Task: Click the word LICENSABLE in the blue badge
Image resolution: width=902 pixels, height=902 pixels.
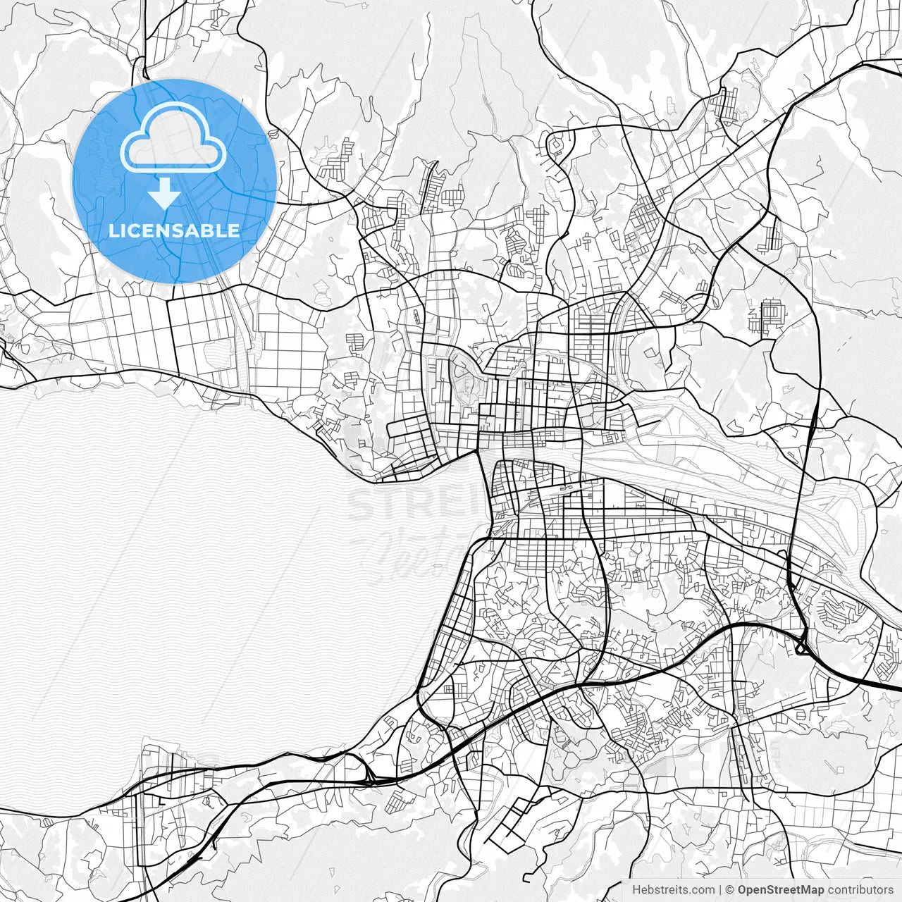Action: [x=174, y=230]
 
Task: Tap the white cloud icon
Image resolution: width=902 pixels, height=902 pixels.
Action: [x=173, y=137]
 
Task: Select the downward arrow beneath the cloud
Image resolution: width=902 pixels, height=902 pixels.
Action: [x=164, y=193]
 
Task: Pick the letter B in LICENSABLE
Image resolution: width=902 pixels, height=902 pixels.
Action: [x=213, y=230]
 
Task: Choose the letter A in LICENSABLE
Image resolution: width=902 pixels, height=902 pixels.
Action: [x=198, y=230]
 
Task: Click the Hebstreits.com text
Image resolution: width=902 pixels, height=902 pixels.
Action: [x=673, y=890]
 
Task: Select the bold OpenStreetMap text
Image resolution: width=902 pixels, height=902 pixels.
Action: [x=781, y=890]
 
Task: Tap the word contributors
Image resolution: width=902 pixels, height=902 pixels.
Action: [x=860, y=890]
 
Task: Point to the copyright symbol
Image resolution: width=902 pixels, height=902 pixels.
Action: [x=730, y=890]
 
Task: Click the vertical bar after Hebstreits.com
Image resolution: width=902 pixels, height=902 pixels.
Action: [x=720, y=890]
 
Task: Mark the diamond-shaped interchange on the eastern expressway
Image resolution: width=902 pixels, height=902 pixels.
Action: [x=801, y=645]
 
